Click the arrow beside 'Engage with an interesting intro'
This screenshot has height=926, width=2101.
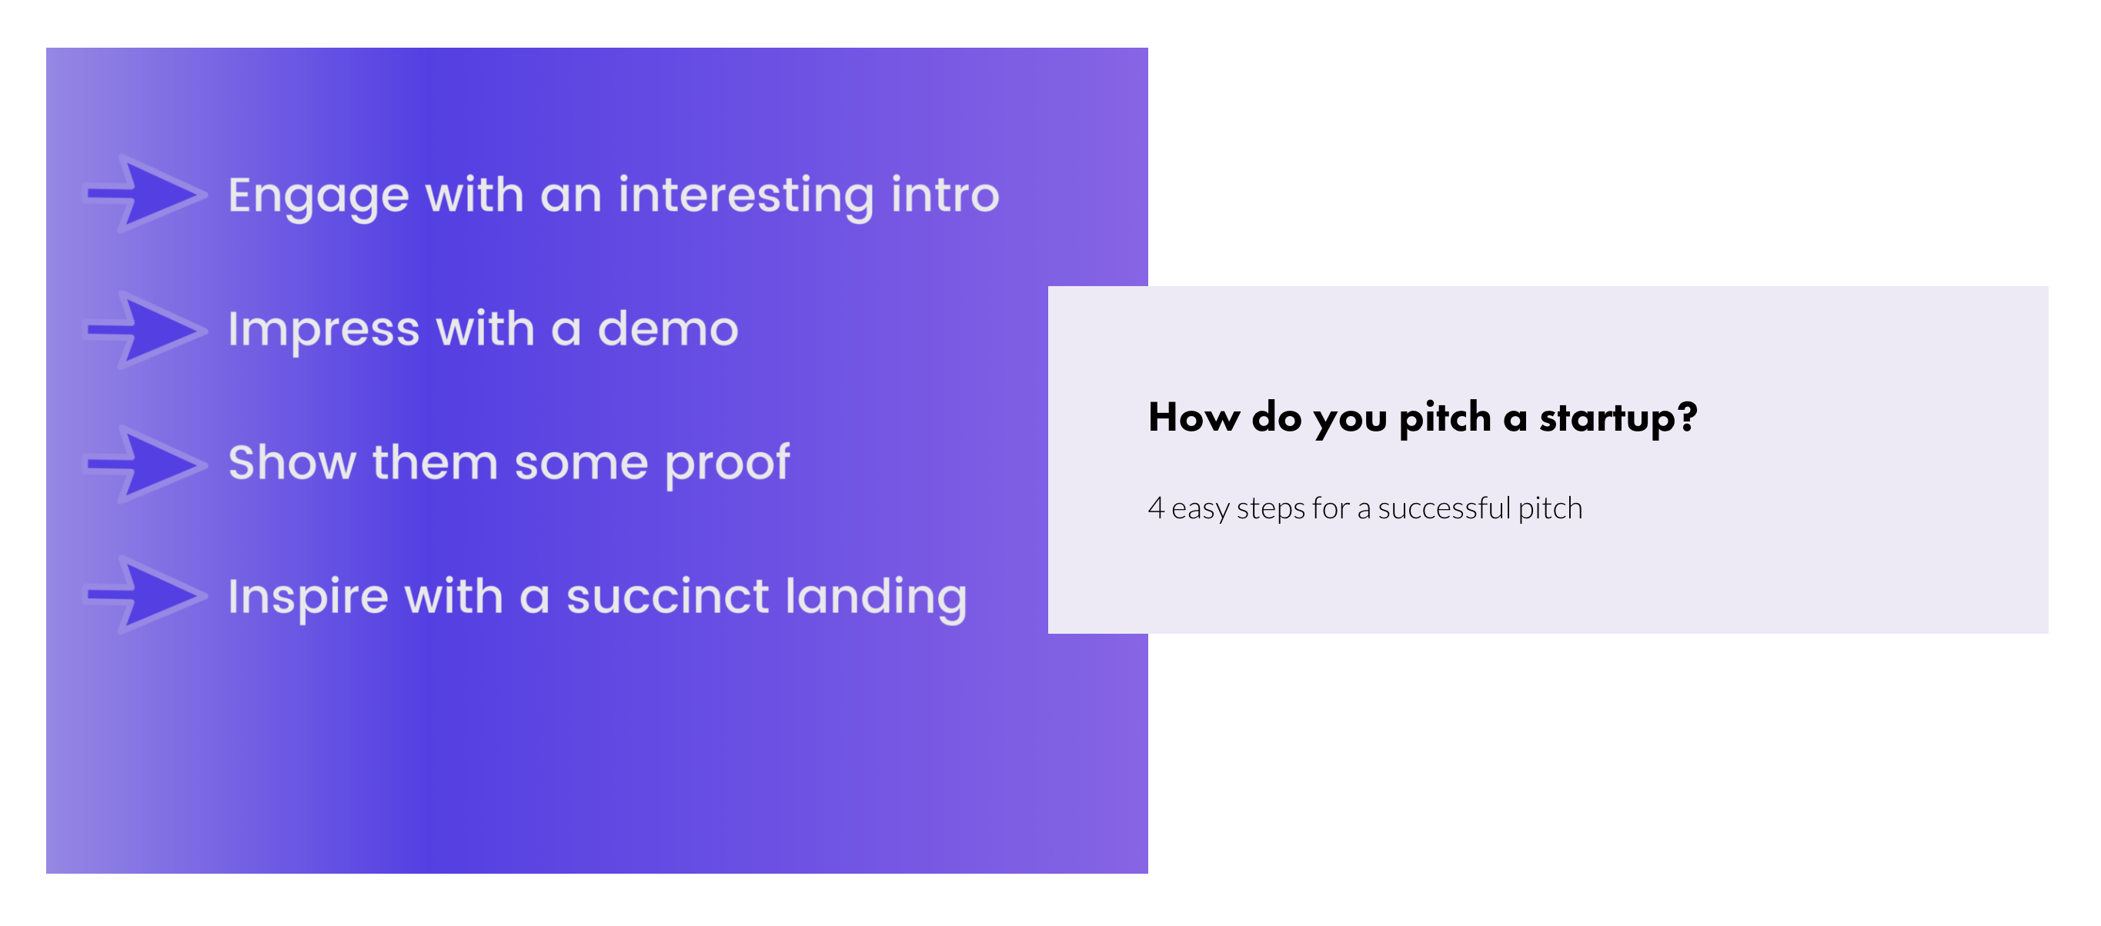(x=146, y=194)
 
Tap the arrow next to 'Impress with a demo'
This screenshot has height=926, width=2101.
(x=146, y=329)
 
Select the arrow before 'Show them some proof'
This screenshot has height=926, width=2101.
(x=146, y=464)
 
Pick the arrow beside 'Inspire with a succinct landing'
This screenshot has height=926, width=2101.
(x=146, y=595)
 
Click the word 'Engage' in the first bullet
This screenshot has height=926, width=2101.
(x=318, y=197)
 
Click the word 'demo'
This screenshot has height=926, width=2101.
(x=668, y=328)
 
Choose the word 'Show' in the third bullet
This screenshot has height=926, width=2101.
(x=292, y=462)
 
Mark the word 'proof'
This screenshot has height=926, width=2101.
(x=727, y=465)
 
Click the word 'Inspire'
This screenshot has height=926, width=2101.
(x=309, y=598)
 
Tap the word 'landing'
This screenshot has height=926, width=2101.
(x=876, y=598)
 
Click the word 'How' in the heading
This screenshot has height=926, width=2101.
(x=1194, y=418)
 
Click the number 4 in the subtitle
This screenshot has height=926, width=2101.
(x=1156, y=507)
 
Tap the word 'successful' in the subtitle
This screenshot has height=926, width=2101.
(x=1445, y=508)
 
